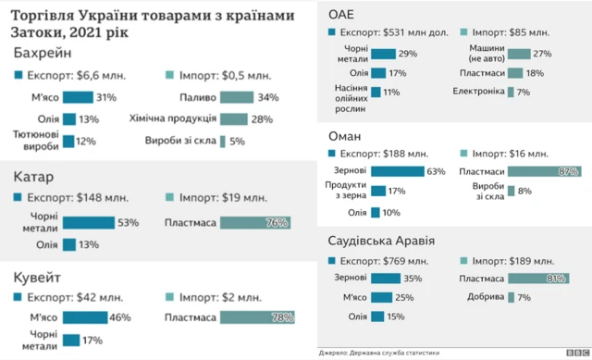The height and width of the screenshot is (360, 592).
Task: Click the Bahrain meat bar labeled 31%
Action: coord(78,97)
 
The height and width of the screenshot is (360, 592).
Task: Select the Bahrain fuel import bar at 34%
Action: coord(235,97)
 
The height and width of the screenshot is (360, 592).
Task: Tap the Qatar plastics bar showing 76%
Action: coord(255,222)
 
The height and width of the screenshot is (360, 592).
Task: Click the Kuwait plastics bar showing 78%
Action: coord(256,317)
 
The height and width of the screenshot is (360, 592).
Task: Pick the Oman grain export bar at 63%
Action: coord(398,171)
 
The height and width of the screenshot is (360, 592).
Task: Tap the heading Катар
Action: coord(33,177)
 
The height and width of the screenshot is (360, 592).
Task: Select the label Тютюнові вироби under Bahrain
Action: coord(36,141)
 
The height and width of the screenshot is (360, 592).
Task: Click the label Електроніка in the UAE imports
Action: coord(478,92)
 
